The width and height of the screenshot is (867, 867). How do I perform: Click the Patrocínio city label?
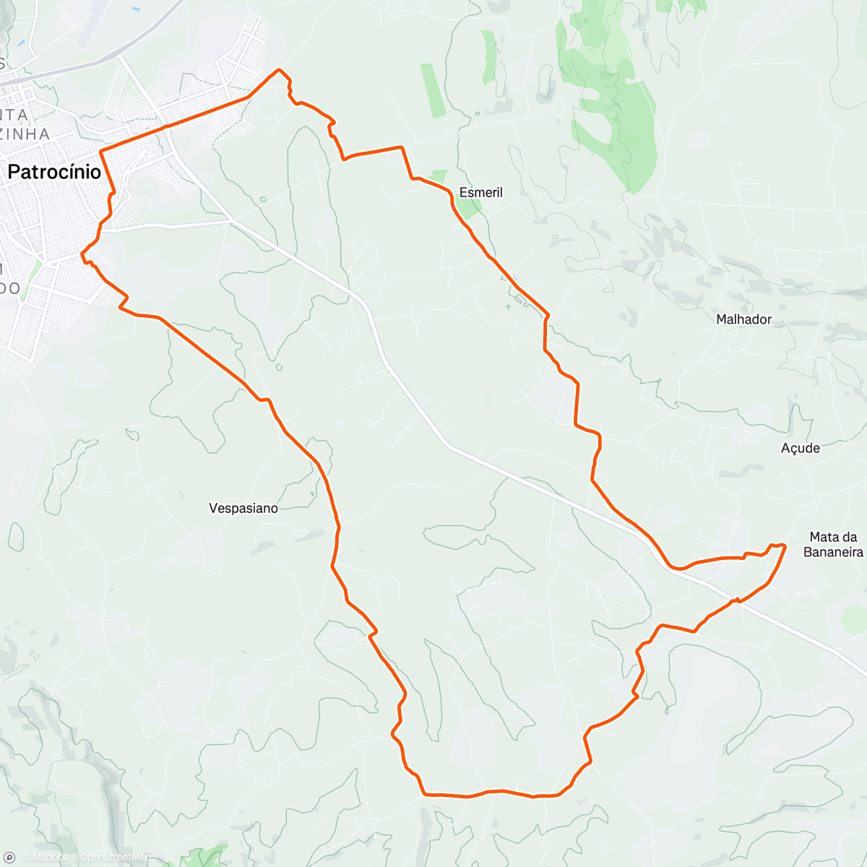(54, 172)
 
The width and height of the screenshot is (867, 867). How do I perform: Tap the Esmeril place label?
(481, 192)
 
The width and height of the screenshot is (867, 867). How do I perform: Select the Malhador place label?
(743, 319)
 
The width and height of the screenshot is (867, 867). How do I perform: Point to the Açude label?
(801, 448)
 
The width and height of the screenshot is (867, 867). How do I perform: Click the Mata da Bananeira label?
(833, 545)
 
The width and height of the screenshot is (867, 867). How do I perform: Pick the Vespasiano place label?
(243, 508)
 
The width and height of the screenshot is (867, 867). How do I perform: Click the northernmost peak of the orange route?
(279, 70)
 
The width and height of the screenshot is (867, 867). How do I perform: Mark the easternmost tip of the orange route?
(785, 545)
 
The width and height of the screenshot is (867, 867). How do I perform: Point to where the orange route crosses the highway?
(736, 600)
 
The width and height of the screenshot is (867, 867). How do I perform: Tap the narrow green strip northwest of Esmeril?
(433, 90)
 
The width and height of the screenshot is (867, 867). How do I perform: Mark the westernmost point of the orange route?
(81, 254)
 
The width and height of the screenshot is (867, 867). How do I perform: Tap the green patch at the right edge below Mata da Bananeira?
(855, 618)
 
